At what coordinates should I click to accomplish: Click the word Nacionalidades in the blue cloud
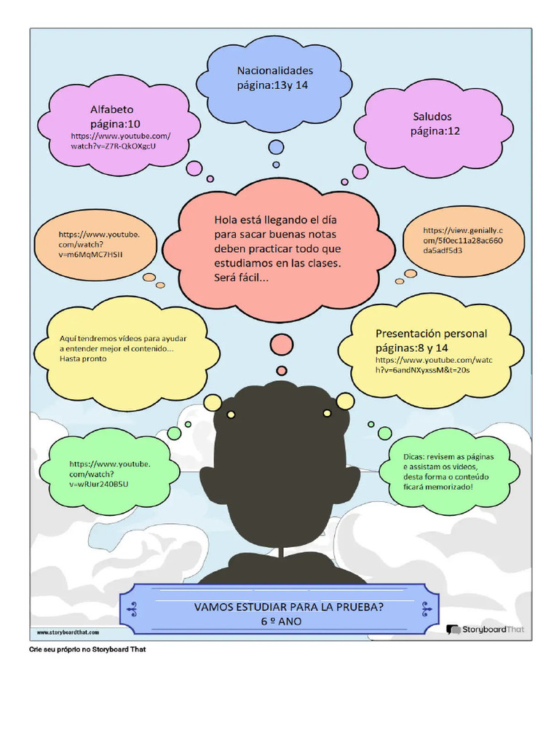coord(275,71)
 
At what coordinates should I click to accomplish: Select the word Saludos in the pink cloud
coord(432,117)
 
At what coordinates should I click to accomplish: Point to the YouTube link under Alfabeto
coord(120,141)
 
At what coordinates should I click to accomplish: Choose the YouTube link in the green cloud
coord(110,474)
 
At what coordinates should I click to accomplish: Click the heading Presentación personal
coord(431,334)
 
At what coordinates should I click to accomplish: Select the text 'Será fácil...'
coord(240,278)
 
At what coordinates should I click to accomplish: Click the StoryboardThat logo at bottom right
coord(485,629)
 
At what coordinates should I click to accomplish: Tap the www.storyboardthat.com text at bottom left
coord(68,632)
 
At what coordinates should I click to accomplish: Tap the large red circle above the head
coord(282,344)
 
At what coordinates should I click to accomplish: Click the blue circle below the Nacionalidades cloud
coord(276,147)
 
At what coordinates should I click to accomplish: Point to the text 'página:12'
coord(435,132)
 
